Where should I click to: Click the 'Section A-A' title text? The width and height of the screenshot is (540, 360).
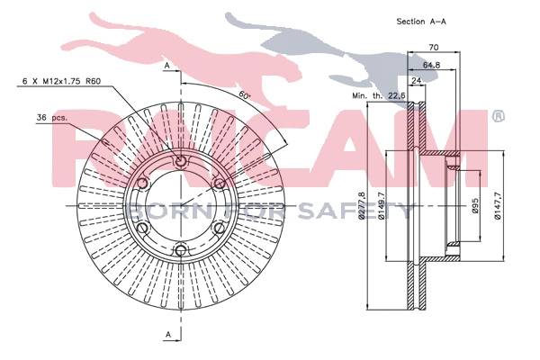point(422,20)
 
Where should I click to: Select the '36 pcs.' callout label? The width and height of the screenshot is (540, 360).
point(53,117)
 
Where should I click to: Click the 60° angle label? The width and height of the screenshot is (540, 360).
point(244,95)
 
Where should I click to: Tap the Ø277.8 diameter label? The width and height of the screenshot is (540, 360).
point(362,210)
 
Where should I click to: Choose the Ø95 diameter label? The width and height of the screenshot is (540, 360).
point(475,209)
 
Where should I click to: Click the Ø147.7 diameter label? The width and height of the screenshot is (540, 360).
point(499,209)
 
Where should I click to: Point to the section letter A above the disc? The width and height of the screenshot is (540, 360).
point(166,67)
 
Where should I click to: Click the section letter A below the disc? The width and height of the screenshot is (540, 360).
point(166,335)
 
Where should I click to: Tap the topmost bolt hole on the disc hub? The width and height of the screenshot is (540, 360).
point(180,162)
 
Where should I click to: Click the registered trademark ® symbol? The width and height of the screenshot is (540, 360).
point(497,116)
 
